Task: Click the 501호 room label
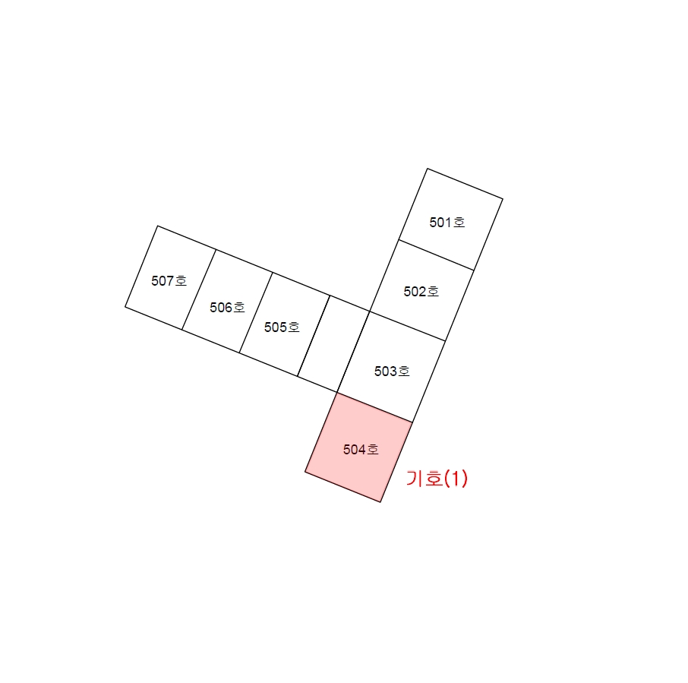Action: click(447, 223)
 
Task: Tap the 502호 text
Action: click(421, 292)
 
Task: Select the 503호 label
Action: click(392, 372)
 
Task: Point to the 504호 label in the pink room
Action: click(361, 450)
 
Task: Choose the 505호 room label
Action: click(282, 327)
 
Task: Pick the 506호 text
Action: click(227, 307)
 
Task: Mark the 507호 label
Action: click(169, 281)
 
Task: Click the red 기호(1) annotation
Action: click(437, 478)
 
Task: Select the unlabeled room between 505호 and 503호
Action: click(333, 343)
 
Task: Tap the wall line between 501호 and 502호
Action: click(436, 255)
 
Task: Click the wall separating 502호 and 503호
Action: click(407, 326)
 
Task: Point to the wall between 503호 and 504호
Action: click(374, 407)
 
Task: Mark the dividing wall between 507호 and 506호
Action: click(199, 289)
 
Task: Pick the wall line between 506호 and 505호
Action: click(256, 312)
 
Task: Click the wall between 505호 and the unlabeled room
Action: click(314, 336)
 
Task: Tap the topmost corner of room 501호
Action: click(428, 169)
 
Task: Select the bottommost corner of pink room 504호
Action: click(380, 501)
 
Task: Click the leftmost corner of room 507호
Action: click(125, 307)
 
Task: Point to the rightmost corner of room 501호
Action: click(503, 199)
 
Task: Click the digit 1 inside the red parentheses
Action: click(456, 478)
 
